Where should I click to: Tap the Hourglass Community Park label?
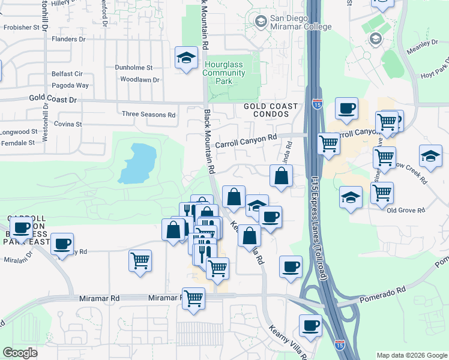[224, 73]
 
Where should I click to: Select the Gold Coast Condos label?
[271, 110]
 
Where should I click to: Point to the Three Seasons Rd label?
[148, 114]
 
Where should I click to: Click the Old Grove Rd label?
[406, 211]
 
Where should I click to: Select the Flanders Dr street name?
[69, 39]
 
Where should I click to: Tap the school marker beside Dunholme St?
[186, 59]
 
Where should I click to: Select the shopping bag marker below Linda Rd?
[281, 177]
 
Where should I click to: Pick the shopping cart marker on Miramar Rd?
[193, 298]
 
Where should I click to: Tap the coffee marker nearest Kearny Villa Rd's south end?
[310, 326]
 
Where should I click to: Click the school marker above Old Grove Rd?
[350, 198]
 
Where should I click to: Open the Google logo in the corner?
[20, 353]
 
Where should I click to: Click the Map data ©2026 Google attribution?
[412, 355]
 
